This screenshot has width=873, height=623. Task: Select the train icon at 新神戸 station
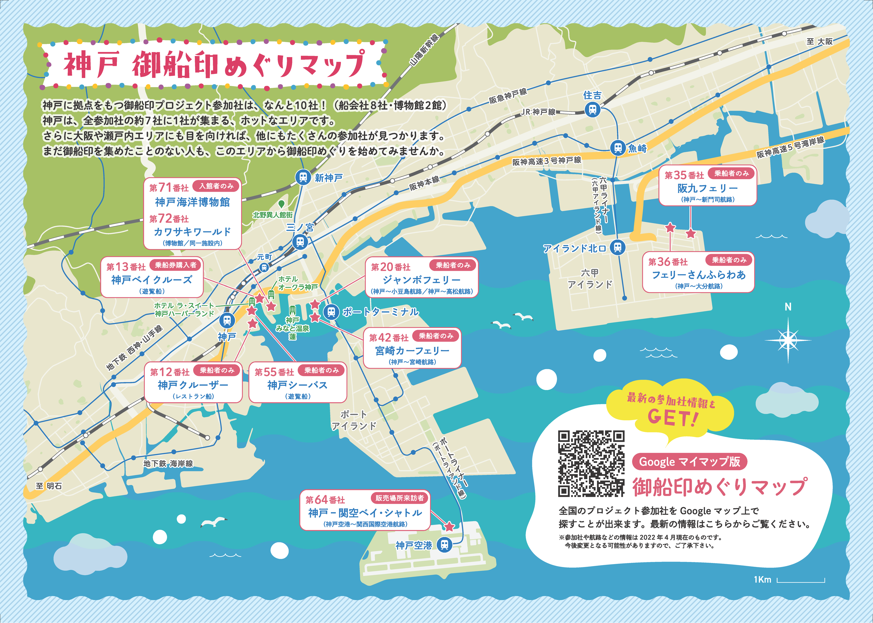[303, 178]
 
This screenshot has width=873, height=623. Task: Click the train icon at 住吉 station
[593, 110]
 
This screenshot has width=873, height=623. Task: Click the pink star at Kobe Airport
[449, 526]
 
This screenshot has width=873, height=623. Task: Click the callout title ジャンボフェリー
[421, 280]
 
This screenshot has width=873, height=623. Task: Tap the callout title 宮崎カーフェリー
[412, 351]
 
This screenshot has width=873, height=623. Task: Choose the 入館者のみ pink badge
[216, 186]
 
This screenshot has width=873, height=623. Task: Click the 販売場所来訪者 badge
[399, 498]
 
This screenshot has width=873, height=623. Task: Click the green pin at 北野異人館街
[281, 204]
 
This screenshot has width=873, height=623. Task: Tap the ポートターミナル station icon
[331, 312]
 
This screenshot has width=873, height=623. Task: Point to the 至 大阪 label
[820, 41]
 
